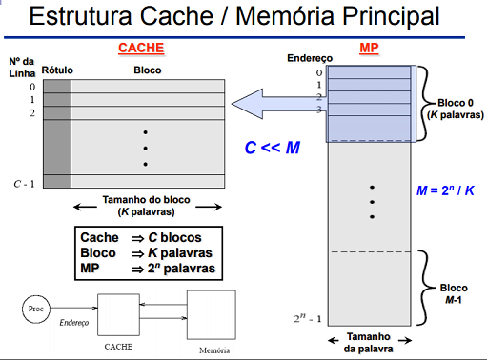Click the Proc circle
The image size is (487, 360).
(x=37, y=310)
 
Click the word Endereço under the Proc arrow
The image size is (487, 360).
(x=74, y=324)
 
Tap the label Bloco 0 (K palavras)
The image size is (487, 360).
(x=452, y=109)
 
